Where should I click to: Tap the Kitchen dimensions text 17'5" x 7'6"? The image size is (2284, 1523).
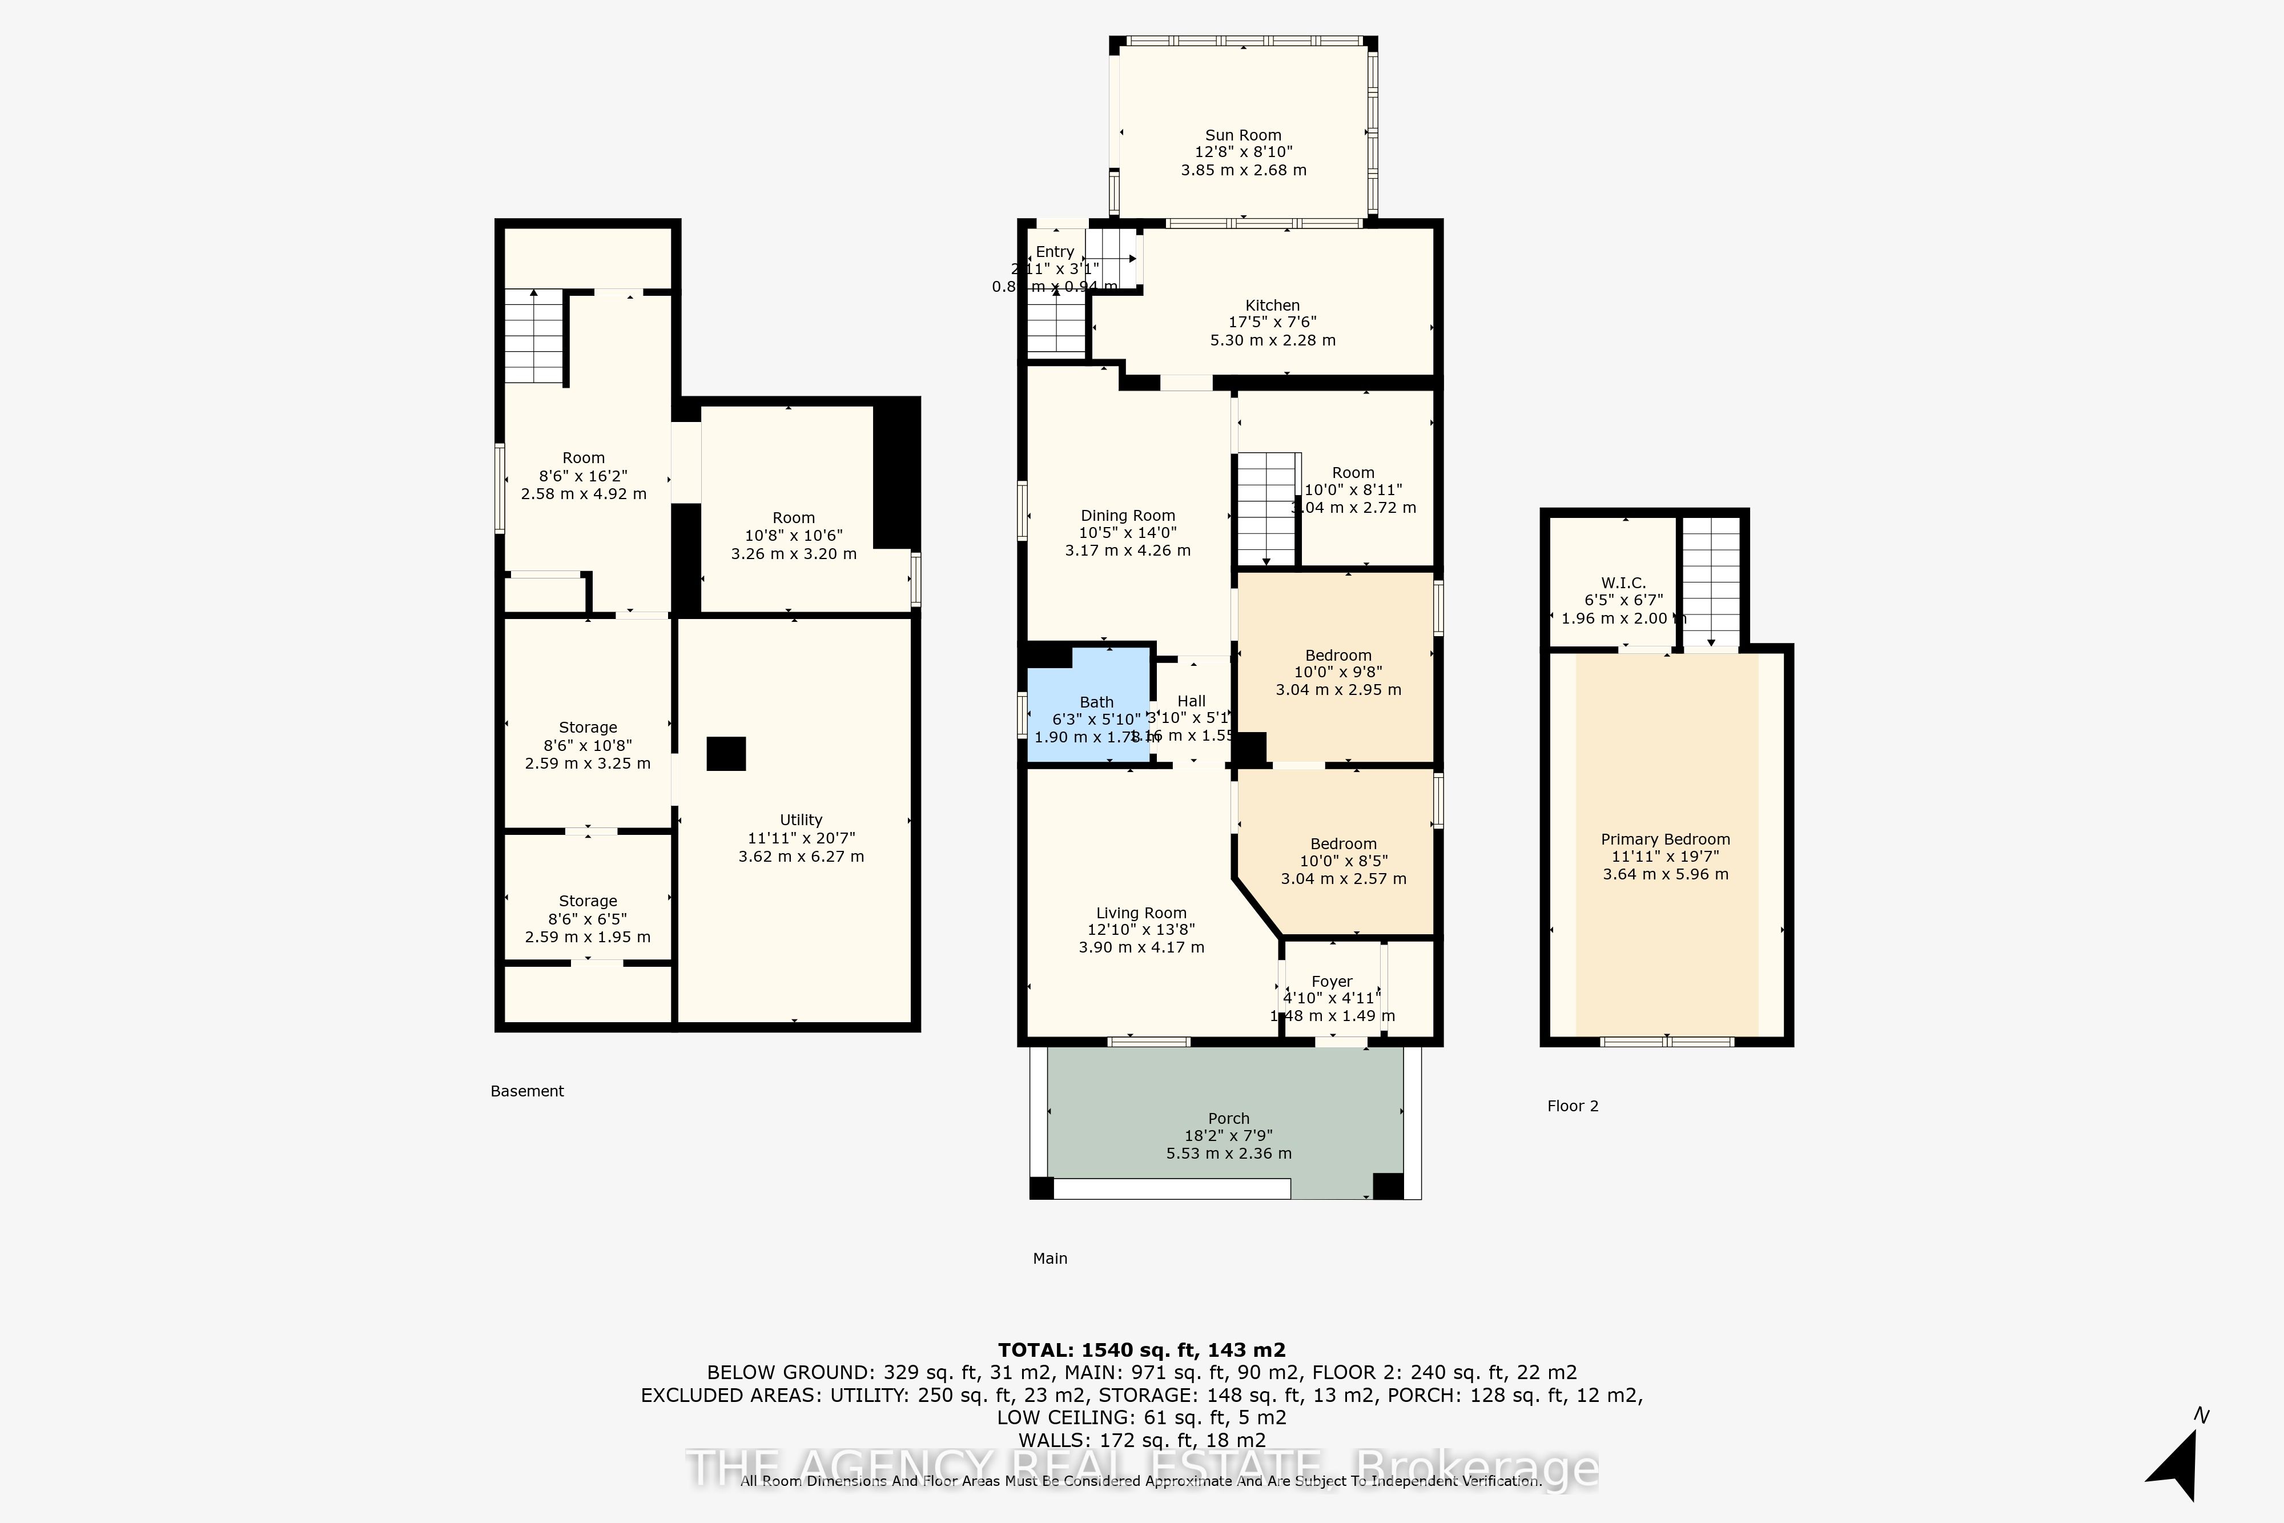[x=1272, y=323]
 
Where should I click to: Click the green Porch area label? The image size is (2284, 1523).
[x=1228, y=1119]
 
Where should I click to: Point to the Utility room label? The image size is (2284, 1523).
[x=800, y=821]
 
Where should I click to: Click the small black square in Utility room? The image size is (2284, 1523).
[x=725, y=754]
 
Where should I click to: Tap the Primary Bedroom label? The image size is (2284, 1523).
[x=1664, y=840]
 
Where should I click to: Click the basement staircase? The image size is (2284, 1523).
[x=533, y=336]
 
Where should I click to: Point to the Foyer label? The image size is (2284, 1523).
[x=1332, y=982]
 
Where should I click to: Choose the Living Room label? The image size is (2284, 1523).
[x=1141, y=913]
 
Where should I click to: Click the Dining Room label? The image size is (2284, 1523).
[x=1127, y=516]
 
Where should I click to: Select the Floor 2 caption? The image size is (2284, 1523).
[x=1572, y=1106]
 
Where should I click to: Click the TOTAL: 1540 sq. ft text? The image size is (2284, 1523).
[x=1141, y=1350]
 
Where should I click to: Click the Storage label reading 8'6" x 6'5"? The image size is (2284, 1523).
[x=588, y=919]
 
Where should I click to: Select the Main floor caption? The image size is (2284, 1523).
[x=1049, y=1259]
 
